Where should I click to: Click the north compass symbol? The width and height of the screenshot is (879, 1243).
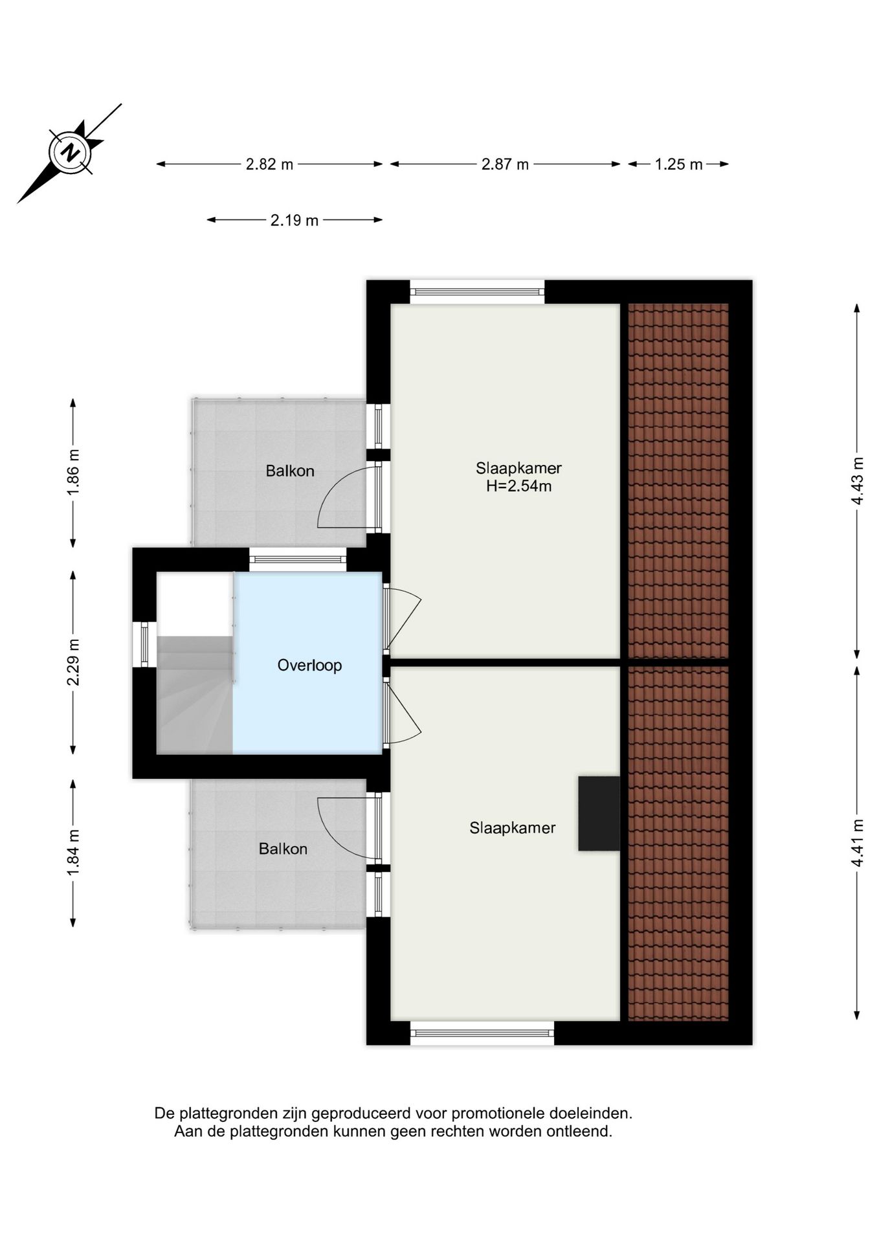(69, 153)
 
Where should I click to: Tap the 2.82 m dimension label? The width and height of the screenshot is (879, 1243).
(269, 164)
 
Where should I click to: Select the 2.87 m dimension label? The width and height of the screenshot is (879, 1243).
(505, 164)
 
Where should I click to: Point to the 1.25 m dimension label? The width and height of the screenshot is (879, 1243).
(678, 164)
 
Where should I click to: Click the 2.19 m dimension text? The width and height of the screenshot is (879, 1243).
(295, 220)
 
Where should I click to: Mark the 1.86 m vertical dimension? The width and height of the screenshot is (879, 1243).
(73, 473)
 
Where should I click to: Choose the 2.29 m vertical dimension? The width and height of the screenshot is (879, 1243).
(73, 662)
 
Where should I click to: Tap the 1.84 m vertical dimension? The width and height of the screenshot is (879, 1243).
(73, 853)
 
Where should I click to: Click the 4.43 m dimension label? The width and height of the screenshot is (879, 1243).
(858, 481)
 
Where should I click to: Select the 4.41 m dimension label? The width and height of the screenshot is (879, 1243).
(858, 844)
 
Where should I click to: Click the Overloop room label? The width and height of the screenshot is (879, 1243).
(309, 665)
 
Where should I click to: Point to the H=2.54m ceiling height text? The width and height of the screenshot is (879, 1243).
(519, 486)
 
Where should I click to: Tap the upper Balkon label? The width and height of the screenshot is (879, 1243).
(290, 471)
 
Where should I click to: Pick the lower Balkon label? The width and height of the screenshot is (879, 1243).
(283, 849)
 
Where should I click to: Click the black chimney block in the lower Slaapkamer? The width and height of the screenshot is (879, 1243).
(599, 813)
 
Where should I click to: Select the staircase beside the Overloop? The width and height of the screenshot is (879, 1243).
(195, 694)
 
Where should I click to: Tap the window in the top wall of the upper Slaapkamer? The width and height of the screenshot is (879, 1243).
(477, 292)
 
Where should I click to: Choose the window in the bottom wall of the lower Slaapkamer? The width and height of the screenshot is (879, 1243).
(482, 1033)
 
